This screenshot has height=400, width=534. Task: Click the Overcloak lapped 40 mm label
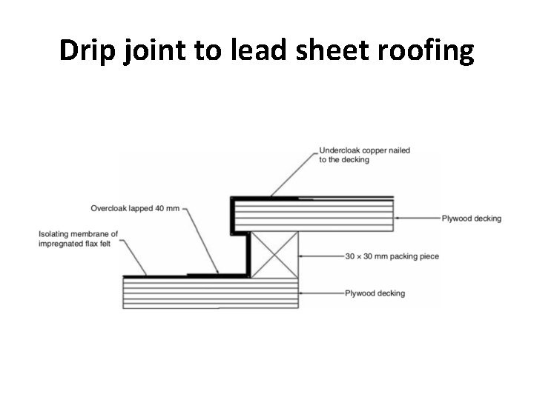coord(135,208)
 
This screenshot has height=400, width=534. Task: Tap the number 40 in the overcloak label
coord(162,208)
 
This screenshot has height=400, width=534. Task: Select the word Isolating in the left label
coord(56,235)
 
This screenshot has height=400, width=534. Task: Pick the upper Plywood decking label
coord(472,219)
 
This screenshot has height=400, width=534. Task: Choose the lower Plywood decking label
coord(375,293)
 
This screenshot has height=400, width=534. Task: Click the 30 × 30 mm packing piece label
coord(392,257)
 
